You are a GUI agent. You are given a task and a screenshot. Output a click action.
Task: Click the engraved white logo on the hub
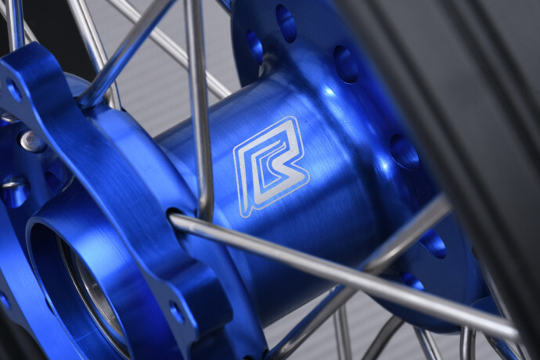click(x=270, y=164)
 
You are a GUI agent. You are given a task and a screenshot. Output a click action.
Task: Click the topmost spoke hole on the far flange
click(x=286, y=22)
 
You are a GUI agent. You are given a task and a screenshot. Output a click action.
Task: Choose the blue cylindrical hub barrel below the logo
click(x=297, y=235)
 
